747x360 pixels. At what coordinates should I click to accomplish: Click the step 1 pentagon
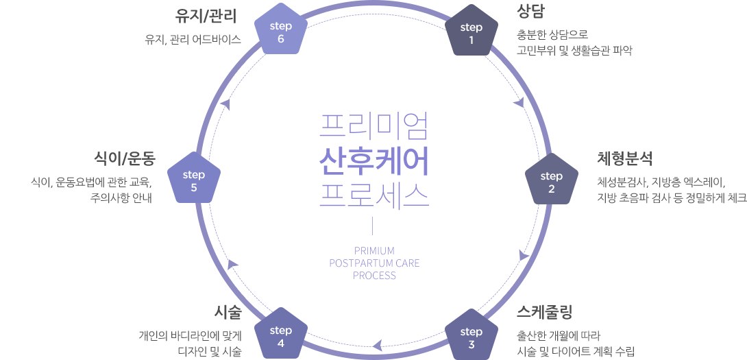(x=472, y=31)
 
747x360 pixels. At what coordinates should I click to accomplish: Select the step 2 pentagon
(x=551, y=180)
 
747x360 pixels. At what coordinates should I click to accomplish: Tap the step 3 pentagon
(x=472, y=336)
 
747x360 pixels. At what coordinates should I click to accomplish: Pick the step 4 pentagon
(x=280, y=336)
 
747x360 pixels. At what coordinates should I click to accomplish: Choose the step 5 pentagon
(x=194, y=179)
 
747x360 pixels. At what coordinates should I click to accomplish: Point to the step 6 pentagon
(x=280, y=30)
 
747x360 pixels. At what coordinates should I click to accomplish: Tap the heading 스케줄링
(x=544, y=312)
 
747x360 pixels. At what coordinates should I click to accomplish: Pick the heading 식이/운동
(x=125, y=158)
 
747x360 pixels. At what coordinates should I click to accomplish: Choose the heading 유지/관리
(x=206, y=16)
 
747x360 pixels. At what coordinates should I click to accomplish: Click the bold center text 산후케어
(x=374, y=162)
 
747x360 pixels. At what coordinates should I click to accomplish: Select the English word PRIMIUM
(x=374, y=251)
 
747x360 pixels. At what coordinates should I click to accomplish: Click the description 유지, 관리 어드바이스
(x=193, y=40)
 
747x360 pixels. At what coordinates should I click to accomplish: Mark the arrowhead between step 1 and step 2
(x=519, y=102)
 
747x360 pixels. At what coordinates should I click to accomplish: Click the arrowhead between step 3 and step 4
(x=377, y=345)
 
